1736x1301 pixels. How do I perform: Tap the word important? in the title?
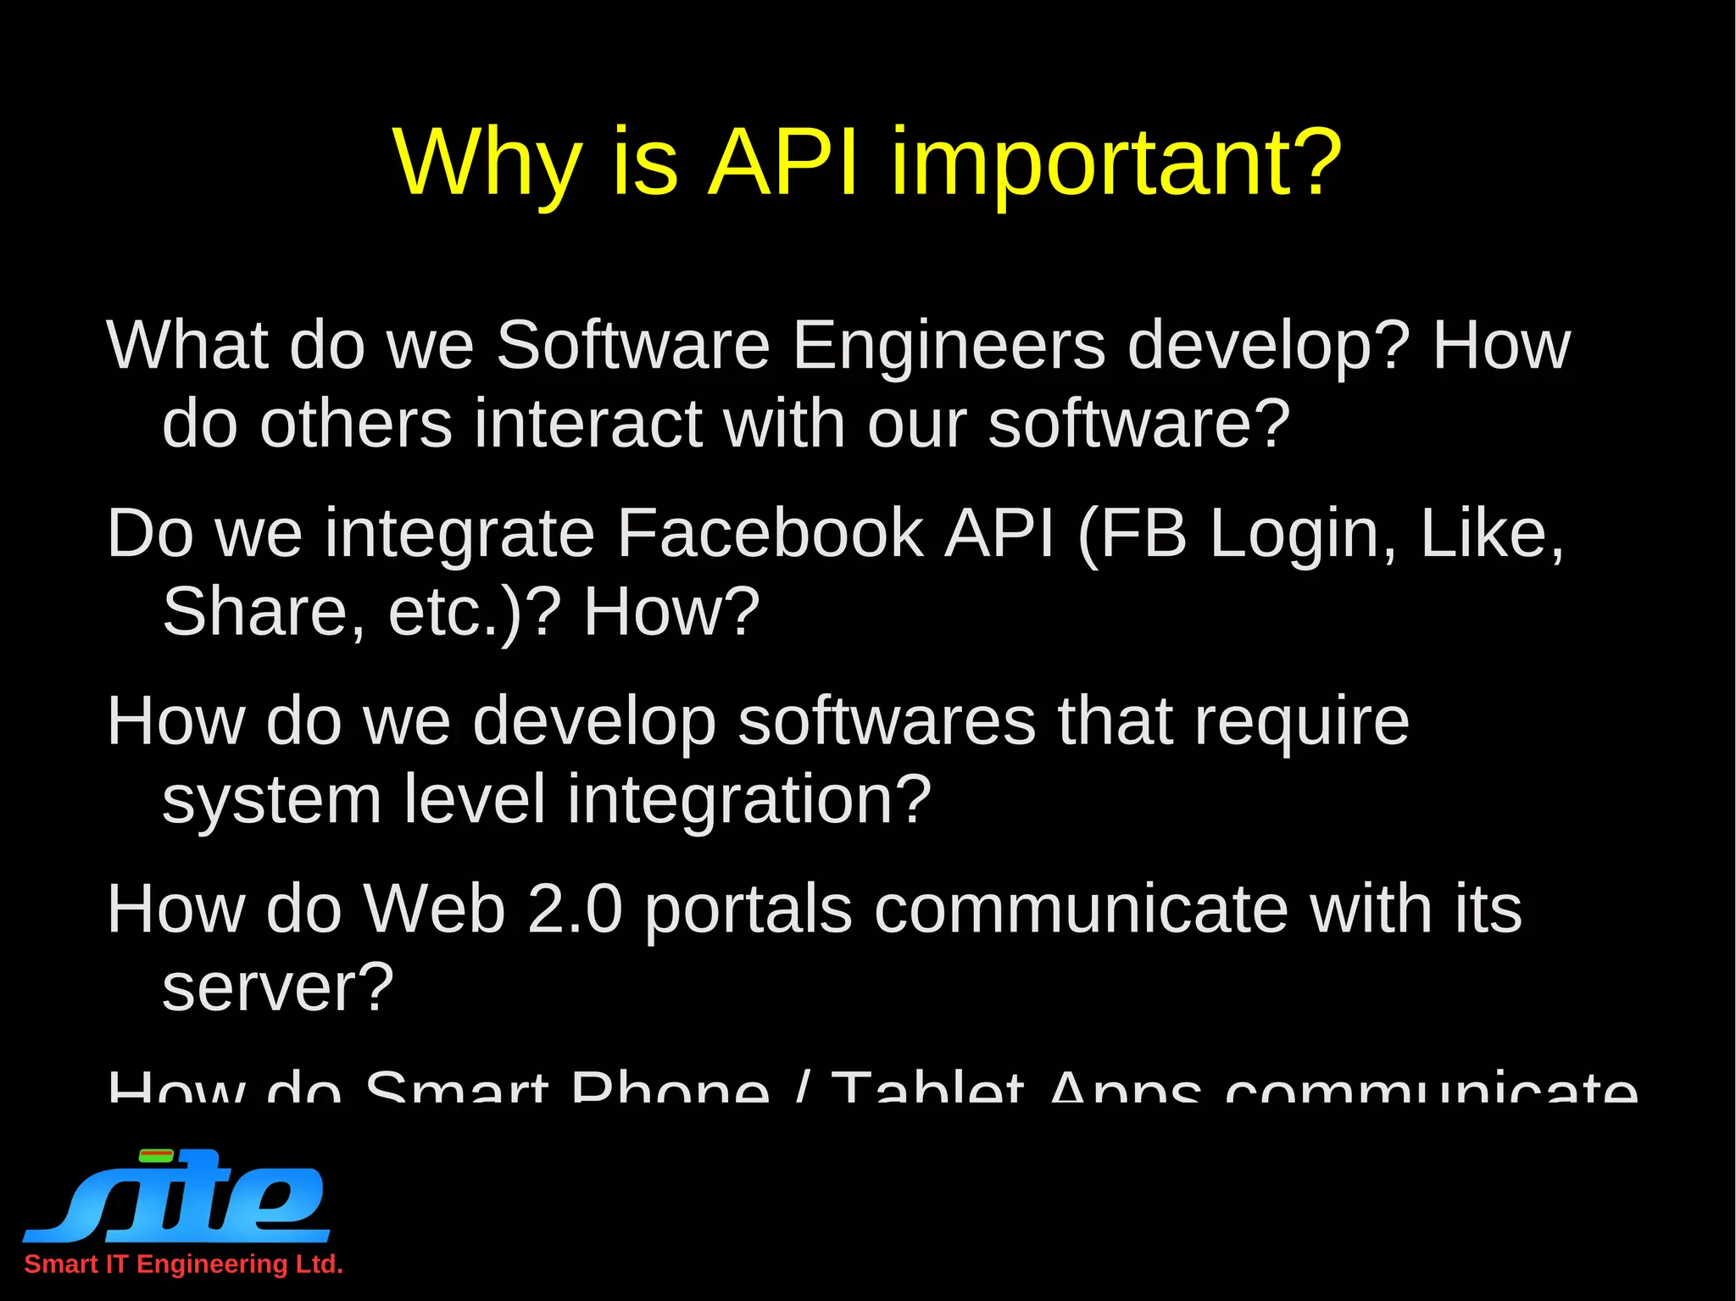coord(1116,165)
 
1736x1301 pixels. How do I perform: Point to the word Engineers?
coord(949,347)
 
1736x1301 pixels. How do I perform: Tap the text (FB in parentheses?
coord(1132,535)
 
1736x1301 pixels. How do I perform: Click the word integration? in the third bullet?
coord(749,800)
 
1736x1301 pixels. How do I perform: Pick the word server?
coord(278,988)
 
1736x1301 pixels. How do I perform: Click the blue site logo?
coord(176,1196)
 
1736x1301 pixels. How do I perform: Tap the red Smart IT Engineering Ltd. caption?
coord(183,1264)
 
